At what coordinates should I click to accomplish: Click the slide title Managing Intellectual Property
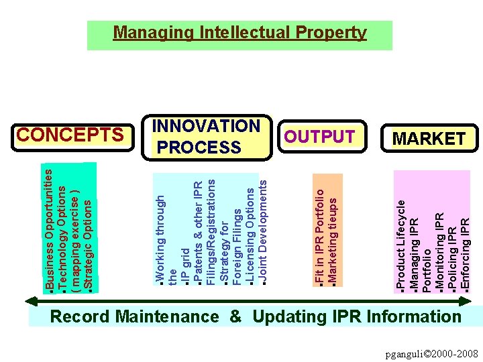(x=239, y=33)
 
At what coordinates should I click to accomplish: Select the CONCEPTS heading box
(x=70, y=135)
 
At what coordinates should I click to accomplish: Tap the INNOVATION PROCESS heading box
(x=207, y=137)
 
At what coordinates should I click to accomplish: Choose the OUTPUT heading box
(x=320, y=137)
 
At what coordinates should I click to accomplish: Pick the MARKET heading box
(x=429, y=139)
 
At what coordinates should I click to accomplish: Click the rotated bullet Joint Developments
(x=264, y=229)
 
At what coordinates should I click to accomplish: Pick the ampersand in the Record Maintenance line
(x=235, y=317)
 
